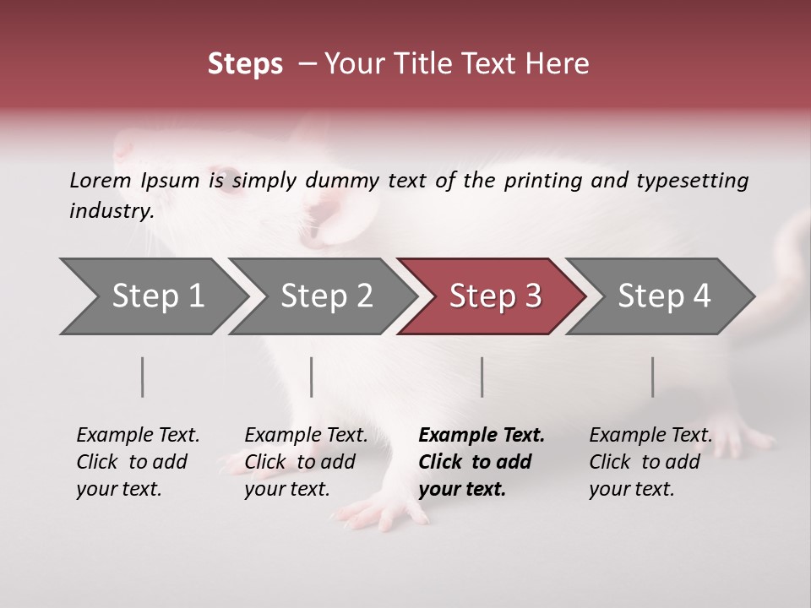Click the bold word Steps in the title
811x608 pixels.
245,64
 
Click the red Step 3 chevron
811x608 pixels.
495,296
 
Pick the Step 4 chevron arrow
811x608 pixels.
664,296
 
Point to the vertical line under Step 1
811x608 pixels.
143,377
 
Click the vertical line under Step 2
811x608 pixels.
312,377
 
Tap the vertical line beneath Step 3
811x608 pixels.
482,377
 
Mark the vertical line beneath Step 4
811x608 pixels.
653,377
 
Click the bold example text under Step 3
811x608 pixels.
482,462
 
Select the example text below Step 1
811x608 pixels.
138,462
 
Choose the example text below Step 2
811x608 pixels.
306,462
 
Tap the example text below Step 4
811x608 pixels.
650,462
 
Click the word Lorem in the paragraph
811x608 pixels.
101,180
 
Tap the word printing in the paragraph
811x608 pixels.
541,181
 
